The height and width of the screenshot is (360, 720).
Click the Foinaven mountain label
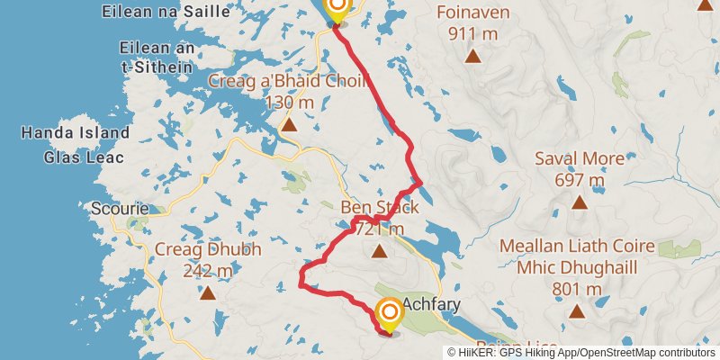tap(472, 13)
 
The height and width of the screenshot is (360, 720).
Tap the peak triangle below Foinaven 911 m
tap(472, 56)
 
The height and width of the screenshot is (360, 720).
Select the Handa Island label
tap(76, 133)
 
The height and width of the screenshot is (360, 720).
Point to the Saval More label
tap(579, 159)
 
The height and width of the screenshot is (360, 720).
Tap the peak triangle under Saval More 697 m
tap(579, 202)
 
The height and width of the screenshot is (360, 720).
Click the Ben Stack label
tap(379, 209)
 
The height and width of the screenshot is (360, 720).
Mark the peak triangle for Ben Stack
tap(379, 251)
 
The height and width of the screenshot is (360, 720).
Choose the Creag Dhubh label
tap(208, 249)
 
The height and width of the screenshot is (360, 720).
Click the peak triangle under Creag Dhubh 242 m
tap(208, 292)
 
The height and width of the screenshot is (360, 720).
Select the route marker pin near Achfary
tap(390, 314)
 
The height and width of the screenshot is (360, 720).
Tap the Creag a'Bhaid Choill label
tap(289, 82)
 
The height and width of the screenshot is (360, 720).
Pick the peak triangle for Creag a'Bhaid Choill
tap(289, 124)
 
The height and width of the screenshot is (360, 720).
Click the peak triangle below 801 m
tap(577, 311)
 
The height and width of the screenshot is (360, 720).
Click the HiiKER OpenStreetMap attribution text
tap(582, 353)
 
